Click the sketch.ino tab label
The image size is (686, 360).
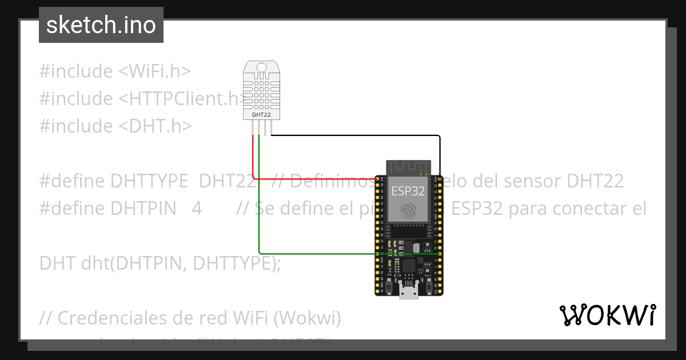click(101, 25)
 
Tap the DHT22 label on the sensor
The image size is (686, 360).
click(261, 115)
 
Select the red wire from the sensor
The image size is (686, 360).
click(253, 160)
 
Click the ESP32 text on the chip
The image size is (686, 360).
click(408, 191)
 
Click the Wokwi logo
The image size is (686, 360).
click(607, 315)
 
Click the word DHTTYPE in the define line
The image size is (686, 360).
click(149, 181)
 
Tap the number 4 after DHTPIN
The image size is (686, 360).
click(197, 209)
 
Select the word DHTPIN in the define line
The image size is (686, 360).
click(143, 209)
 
